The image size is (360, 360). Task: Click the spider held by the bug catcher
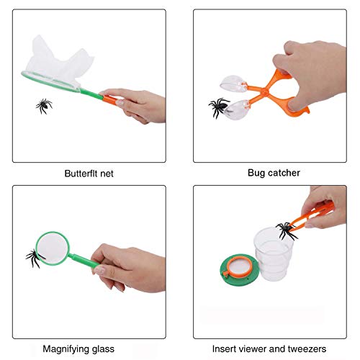[x=220, y=107]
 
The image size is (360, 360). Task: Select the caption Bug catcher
[x=274, y=173]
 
